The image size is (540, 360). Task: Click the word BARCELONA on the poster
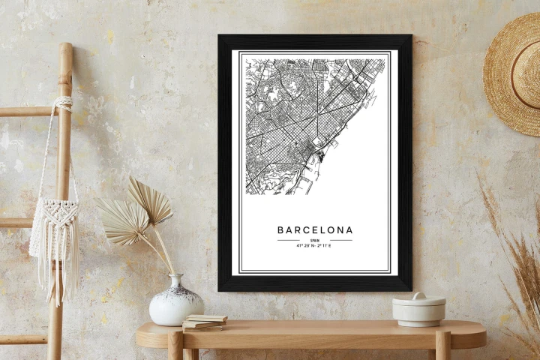(x=315, y=229)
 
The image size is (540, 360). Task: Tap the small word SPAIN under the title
(x=314, y=240)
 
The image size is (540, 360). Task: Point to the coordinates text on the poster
(x=315, y=246)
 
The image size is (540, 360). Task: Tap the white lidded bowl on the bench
(x=418, y=309)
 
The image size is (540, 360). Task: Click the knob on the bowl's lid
(x=418, y=295)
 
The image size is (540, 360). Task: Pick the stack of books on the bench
(x=205, y=322)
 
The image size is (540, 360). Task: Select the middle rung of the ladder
(x=19, y=223)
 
